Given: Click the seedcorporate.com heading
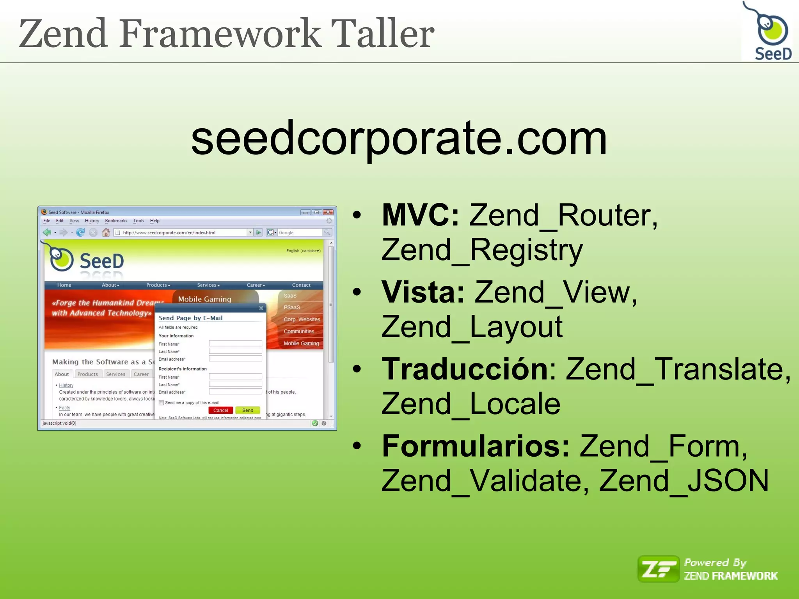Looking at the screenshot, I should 399,139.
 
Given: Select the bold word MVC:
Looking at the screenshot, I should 420,215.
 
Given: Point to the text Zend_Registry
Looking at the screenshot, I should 482,250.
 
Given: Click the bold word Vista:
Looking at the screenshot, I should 423,292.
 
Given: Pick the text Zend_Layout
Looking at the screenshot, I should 472,327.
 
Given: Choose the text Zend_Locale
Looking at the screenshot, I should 471,404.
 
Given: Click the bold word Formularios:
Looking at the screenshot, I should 476,446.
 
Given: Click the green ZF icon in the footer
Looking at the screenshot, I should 658,569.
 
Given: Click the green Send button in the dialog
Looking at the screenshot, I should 248,410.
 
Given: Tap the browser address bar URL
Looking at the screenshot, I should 169,233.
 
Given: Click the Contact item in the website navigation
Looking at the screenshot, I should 301,285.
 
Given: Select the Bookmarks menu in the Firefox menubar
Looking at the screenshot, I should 116,221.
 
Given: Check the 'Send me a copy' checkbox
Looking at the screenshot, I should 161,403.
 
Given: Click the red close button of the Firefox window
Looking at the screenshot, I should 328,212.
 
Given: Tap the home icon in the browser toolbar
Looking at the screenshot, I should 106,232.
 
